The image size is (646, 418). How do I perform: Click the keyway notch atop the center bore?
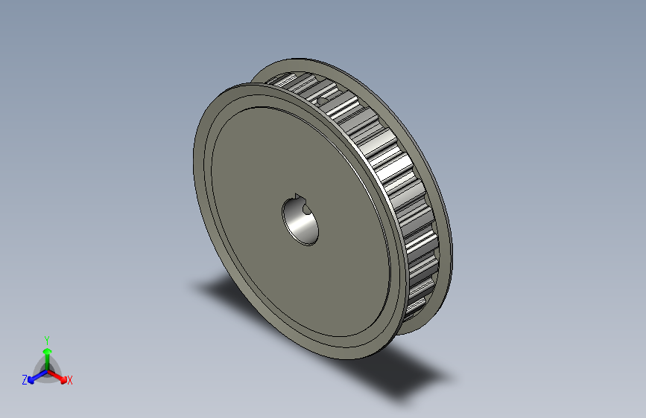pyautogui.click(x=300, y=198)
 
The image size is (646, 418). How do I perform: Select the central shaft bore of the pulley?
pyautogui.click(x=302, y=221)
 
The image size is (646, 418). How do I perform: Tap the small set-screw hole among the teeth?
pyautogui.click(x=322, y=96)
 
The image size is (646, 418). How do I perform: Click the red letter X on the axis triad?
pyautogui.click(x=70, y=381)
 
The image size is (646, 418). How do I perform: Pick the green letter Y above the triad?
pyautogui.click(x=46, y=339)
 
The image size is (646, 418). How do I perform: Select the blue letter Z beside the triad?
pyautogui.click(x=25, y=380)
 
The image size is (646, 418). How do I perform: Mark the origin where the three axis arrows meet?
pyautogui.click(x=47, y=370)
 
